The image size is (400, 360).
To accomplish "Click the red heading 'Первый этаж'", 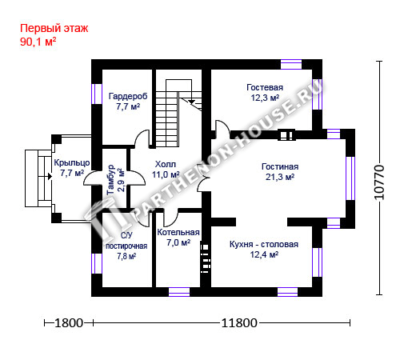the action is [54, 28].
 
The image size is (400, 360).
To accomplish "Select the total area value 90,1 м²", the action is [38, 42].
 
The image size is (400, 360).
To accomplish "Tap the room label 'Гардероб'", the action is [128, 96].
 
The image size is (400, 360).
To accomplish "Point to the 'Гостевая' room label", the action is [265, 87].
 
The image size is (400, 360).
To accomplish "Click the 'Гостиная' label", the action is [280, 166].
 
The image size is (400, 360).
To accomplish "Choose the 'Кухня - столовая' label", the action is [264, 244].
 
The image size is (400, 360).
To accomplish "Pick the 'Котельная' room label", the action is [178, 232].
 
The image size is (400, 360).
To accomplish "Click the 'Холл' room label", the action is [166, 164].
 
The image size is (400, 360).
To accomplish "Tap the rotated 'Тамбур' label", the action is [110, 180].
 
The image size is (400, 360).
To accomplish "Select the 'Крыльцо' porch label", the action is [72, 162].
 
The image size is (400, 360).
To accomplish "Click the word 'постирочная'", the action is [126, 246].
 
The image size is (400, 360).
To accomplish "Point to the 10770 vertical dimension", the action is [379, 182].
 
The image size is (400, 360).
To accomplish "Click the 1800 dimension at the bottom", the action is [69, 323].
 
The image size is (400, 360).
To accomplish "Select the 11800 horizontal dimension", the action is [239, 323].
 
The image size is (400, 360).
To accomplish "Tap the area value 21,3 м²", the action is [280, 177].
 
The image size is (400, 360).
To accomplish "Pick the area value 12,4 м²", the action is [264, 254].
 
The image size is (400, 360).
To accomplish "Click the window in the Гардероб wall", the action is [97, 94].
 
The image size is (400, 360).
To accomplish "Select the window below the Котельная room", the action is [179, 292].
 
